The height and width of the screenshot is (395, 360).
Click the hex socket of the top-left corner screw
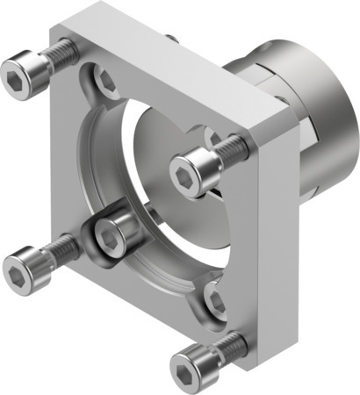[18, 68]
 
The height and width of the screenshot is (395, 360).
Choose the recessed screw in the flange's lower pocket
[214, 303]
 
